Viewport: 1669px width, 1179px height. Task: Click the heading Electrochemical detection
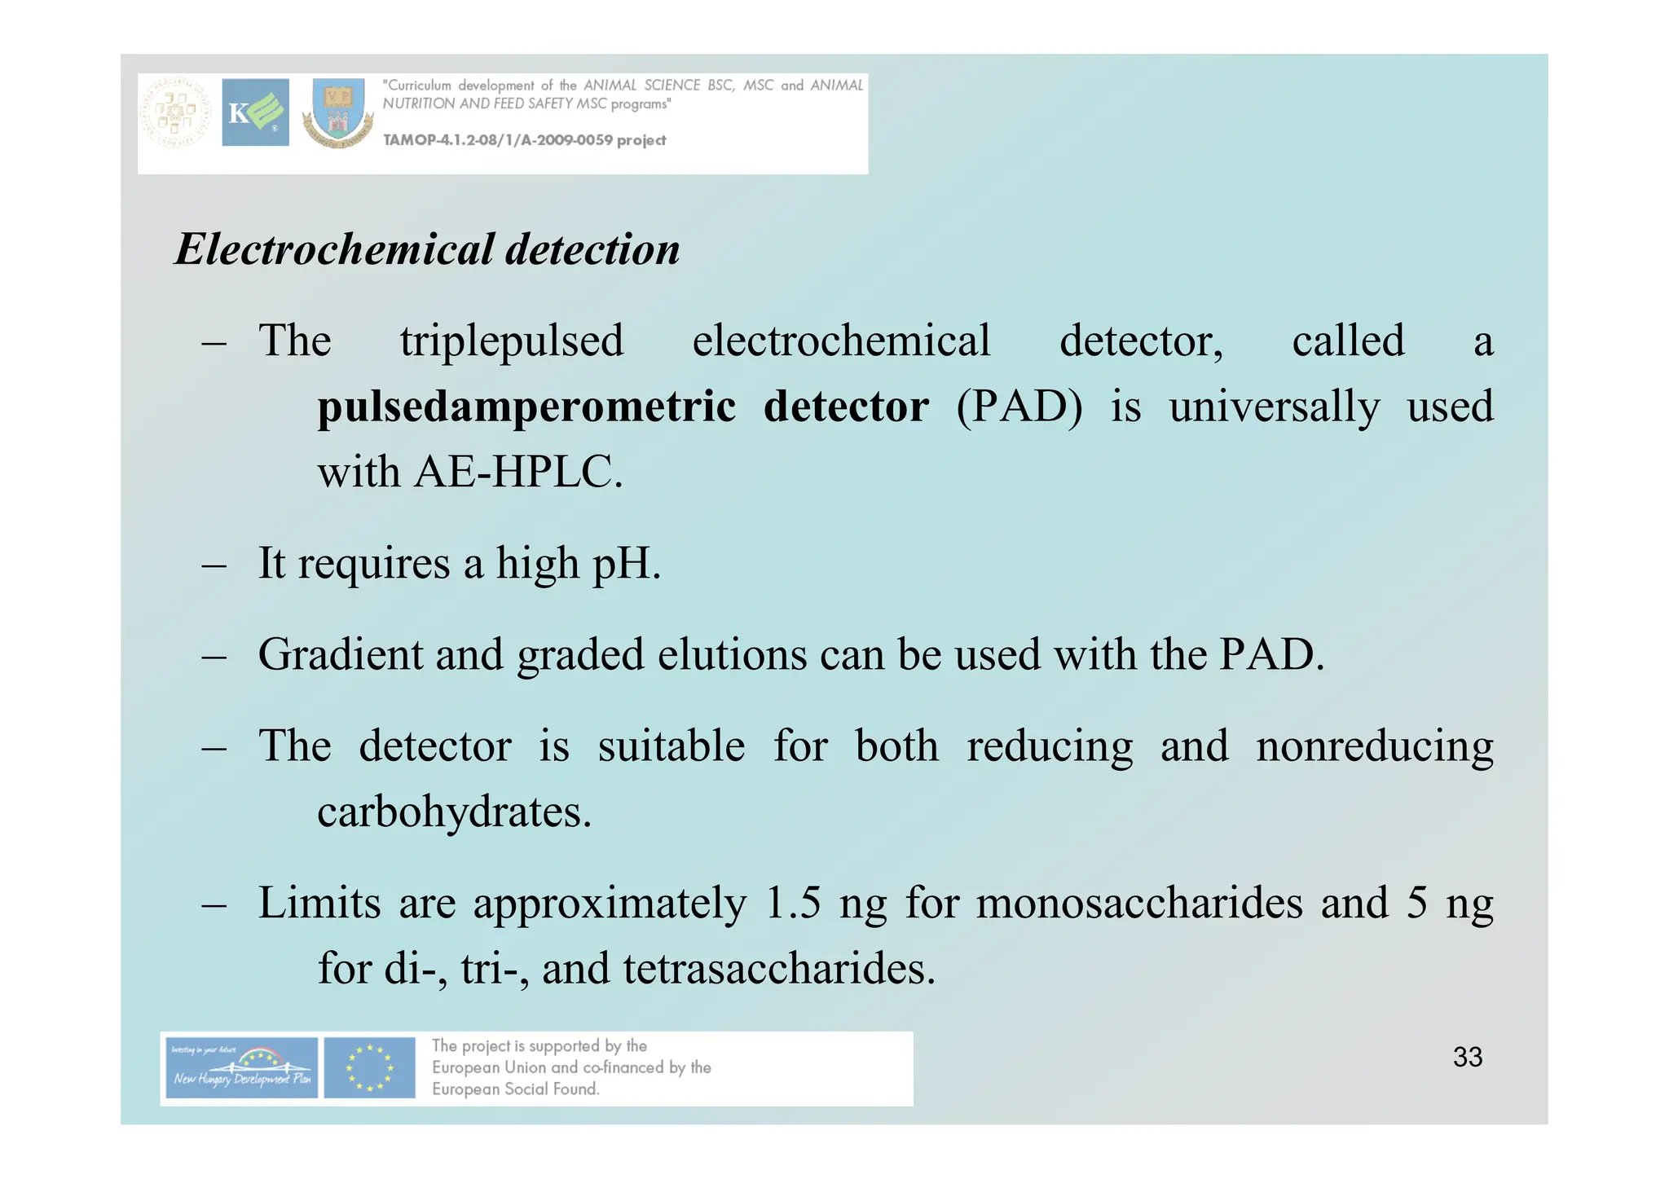427,249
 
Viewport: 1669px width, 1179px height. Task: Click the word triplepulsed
512,341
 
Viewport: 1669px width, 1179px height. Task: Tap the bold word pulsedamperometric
526,407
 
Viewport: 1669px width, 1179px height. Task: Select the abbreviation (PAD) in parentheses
1019,407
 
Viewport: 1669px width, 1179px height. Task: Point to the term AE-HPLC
517,473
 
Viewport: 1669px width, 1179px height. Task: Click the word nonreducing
1374,746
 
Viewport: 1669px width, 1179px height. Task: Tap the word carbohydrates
453,812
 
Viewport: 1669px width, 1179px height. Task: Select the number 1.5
793,904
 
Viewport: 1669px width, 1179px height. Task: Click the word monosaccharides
1139,904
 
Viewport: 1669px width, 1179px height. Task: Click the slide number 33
1467,1057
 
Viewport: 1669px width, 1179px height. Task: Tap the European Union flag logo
369,1068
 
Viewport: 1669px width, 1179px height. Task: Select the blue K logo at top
255,112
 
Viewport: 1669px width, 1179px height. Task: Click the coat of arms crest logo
338,114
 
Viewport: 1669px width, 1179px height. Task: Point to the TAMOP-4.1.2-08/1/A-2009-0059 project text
524,140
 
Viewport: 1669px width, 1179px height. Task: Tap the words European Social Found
515,1089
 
